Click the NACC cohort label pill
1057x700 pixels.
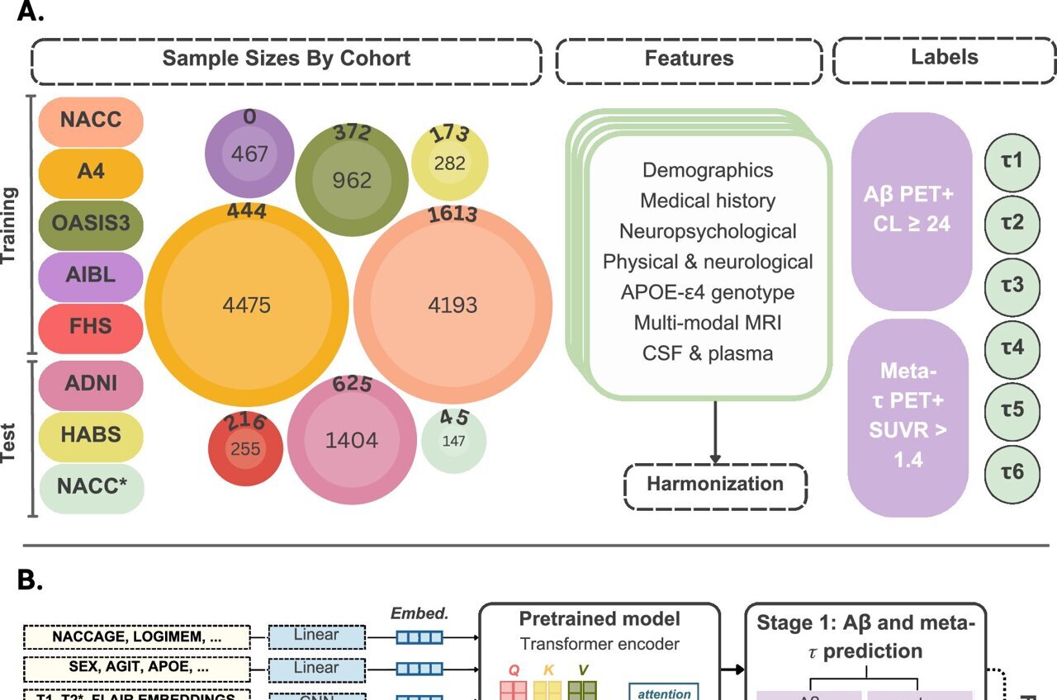[91, 121]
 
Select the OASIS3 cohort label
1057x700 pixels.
[91, 224]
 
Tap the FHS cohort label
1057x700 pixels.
[91, 326]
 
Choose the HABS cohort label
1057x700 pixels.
[91, 434]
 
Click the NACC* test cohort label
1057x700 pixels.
[91, 486]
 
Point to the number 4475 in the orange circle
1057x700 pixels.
[246, 305]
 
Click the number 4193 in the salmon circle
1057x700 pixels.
[453, 305]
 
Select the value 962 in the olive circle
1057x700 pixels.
[352, 180]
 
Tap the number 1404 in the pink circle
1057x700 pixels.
[352, 441]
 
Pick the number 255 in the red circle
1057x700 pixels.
[245, 449]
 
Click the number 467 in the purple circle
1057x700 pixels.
[249, 154]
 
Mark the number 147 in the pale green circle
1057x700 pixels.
[453, 441]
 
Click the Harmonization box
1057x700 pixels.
[715, 485]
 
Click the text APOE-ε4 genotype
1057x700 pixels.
[708, 292]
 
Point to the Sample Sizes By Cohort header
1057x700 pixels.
[286, 59]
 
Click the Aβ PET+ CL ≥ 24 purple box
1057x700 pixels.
[911, 211]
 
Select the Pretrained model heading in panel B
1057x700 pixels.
[600, 619]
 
